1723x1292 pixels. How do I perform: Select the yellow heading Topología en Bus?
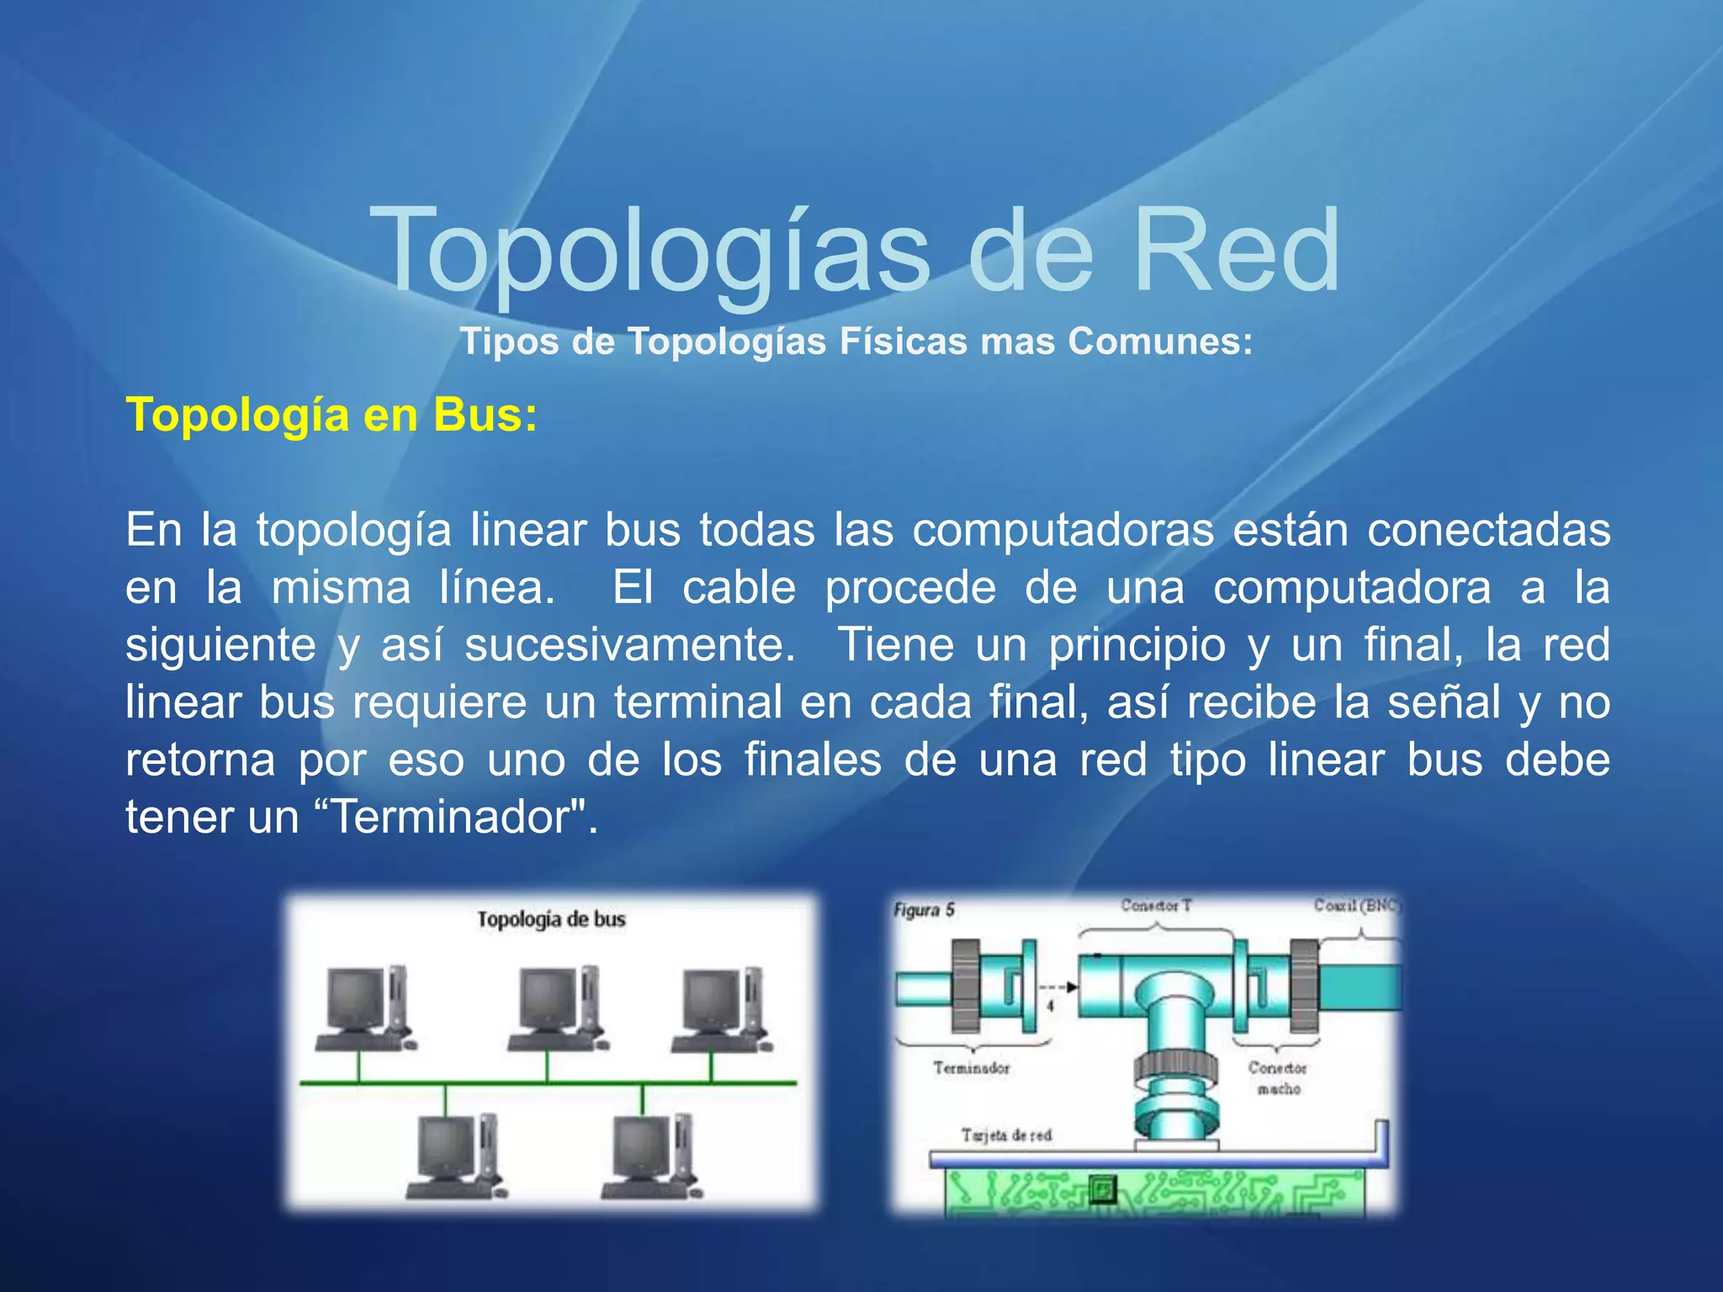coord(331,416)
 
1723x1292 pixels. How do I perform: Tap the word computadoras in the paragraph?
coord(1063,530)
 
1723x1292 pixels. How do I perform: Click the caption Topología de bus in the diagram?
coord(551,919)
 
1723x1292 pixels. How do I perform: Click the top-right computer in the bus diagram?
coord(720,1009)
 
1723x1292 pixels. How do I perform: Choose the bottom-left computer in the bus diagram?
coord(455,1156)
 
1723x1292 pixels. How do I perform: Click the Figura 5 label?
coord(924,909)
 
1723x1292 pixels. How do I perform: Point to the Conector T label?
coord(1156,905)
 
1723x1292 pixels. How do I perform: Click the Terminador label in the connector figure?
coord(971,1068)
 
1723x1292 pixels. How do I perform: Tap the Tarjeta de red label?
coord(1006,1136)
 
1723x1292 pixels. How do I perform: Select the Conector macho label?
coord(1277,1078)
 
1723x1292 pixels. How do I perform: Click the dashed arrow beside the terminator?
coord(1058,987)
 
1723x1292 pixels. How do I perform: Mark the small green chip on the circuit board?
coord(1101,1189)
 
